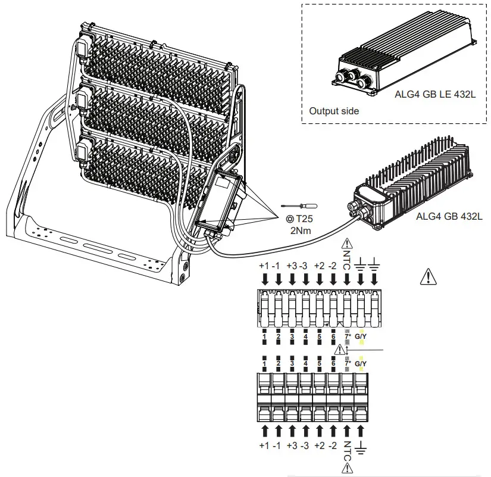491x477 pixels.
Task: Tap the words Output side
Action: pyautogui.click(x=334, y=111)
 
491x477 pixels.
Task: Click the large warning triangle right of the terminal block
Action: pyautogui.click(x=427, y=275)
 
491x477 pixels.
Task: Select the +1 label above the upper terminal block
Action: pyautogui.click(x=265, y=265)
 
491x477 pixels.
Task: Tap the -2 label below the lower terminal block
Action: pyautogui.click(x=334, y=445)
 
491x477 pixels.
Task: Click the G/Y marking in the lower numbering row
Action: pyautogui.click(x=361, y=363)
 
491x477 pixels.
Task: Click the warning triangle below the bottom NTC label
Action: pyautogui.click(x=348, y=469)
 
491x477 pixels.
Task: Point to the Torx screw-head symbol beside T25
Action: pyautogui.click(x=289, y=219)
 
